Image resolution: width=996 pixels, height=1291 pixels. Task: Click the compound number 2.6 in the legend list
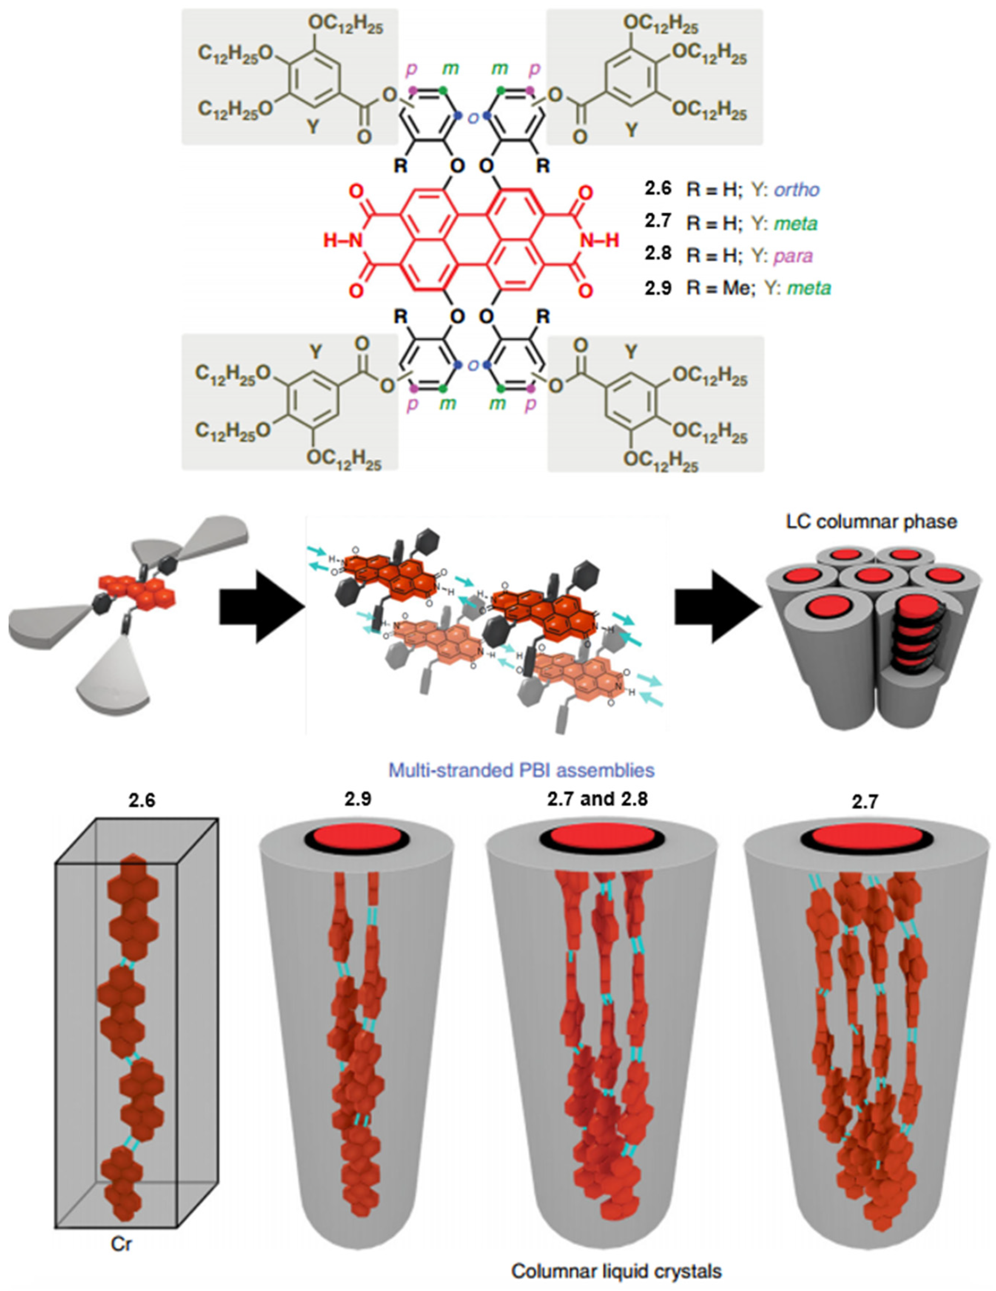(658, 189)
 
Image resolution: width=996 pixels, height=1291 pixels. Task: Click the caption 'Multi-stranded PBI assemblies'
(521, 770)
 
